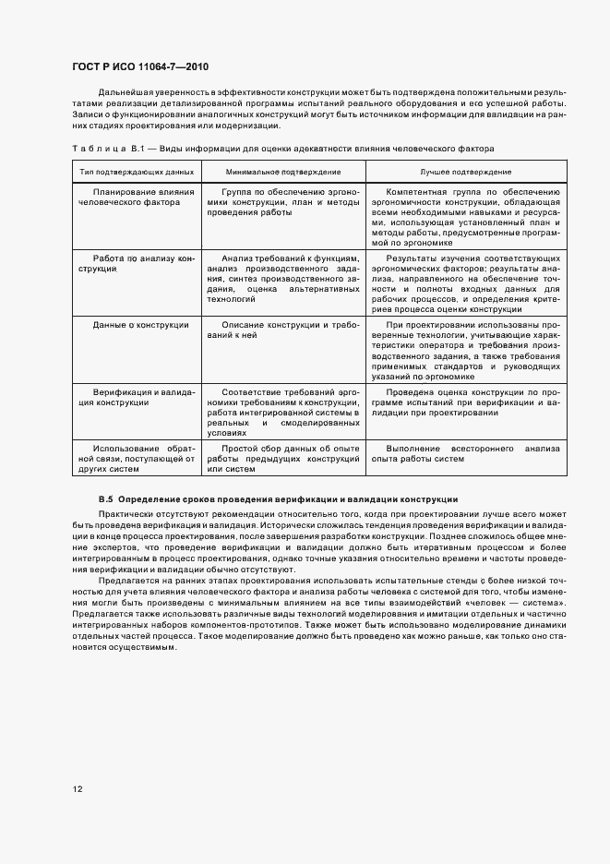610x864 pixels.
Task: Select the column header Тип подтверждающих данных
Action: [136, 172]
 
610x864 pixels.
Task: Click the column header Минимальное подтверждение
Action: [282, 172]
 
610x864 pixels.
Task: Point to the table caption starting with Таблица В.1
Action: [282, 148]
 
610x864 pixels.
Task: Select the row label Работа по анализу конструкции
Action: [136, 264]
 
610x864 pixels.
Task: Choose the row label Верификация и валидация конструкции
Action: [136, 397]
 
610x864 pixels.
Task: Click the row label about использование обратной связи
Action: [136, 458]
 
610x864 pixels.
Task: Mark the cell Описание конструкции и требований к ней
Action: [282, 330]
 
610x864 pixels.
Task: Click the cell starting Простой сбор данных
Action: [282, 458]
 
